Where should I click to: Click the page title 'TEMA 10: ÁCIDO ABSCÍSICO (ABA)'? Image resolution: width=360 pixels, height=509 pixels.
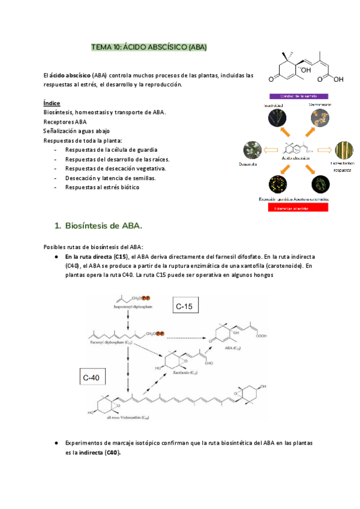pos(148,46)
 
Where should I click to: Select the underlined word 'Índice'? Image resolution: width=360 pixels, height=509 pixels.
pos(52,103)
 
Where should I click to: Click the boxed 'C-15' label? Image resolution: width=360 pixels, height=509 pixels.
pos(186,307)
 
